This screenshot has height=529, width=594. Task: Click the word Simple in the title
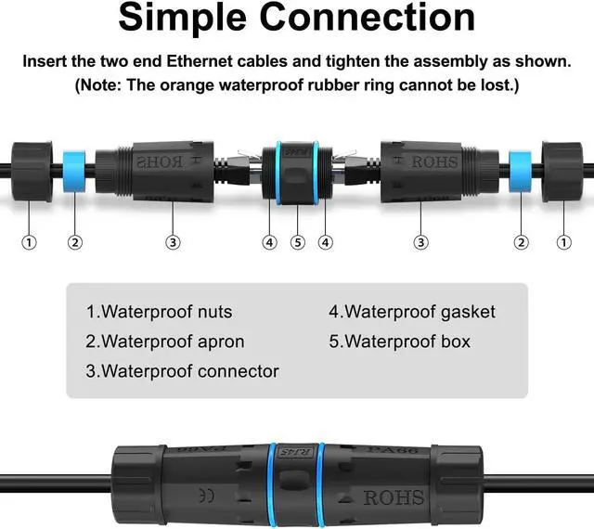coord(186,19)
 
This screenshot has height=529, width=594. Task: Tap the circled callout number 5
coord(297,242)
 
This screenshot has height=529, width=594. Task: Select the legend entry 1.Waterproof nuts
coord(159,312)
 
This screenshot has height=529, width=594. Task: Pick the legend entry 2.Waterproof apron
coord(165,342)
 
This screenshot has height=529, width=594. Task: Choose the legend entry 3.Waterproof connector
coord(182,371)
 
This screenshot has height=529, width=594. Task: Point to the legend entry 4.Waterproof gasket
coord(412,312)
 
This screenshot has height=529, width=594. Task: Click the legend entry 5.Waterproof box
coord(399,342)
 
